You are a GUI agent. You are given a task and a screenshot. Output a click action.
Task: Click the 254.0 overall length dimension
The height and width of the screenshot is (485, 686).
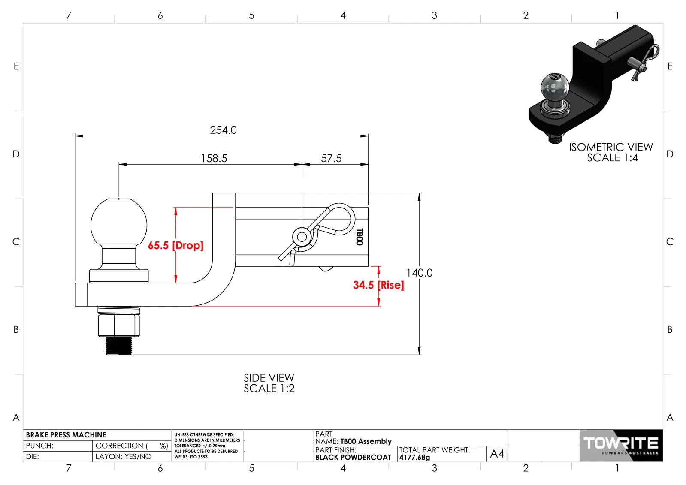click(223, 130)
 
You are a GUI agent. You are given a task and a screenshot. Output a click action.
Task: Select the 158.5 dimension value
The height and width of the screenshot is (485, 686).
click(214, 159)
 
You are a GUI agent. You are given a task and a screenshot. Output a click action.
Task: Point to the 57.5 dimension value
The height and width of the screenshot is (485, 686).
click(331, 159)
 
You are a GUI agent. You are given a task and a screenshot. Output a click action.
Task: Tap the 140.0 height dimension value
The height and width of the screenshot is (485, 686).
click(419, 273)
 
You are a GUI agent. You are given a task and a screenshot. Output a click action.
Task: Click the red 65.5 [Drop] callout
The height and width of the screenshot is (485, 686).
click(175, 245)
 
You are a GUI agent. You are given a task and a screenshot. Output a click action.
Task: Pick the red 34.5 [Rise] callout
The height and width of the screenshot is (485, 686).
click(378, 285)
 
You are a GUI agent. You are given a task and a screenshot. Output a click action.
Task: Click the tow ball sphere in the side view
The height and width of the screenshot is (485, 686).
click(119, 223)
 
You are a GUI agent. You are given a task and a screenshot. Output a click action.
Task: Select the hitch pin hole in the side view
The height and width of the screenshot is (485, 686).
click(302, 237)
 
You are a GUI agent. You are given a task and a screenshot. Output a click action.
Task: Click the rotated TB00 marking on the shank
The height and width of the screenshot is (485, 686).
click(360, 237)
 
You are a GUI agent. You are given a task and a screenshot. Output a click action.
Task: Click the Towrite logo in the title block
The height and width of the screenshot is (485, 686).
click(621, 446)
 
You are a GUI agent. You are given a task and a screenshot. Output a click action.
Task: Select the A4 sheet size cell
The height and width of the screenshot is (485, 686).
click(497, 453)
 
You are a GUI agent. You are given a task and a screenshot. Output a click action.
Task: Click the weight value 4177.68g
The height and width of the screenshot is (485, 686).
click(415, 458)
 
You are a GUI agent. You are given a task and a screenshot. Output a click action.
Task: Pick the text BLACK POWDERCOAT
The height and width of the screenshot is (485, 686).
click(353, 458)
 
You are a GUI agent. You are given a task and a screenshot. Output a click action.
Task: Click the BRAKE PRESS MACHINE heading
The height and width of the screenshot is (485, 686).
click(66, 435)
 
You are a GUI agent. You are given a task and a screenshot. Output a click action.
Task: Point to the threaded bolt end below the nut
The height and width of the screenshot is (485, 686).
click(119, 346)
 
